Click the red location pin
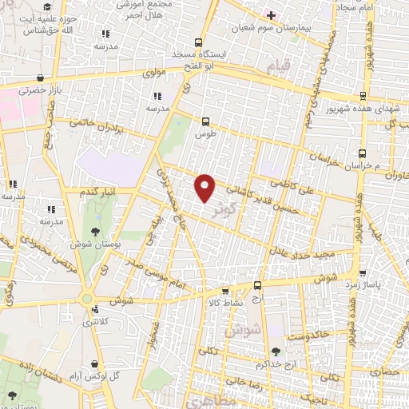[205, 188]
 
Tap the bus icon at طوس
[207, 122]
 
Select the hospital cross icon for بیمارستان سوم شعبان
[271, 14]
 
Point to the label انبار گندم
[98, 192]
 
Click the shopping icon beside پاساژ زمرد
[363, 272]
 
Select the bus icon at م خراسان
[363, 153]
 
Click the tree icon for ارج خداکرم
[276, 351]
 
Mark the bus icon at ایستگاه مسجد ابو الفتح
[198, 44]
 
